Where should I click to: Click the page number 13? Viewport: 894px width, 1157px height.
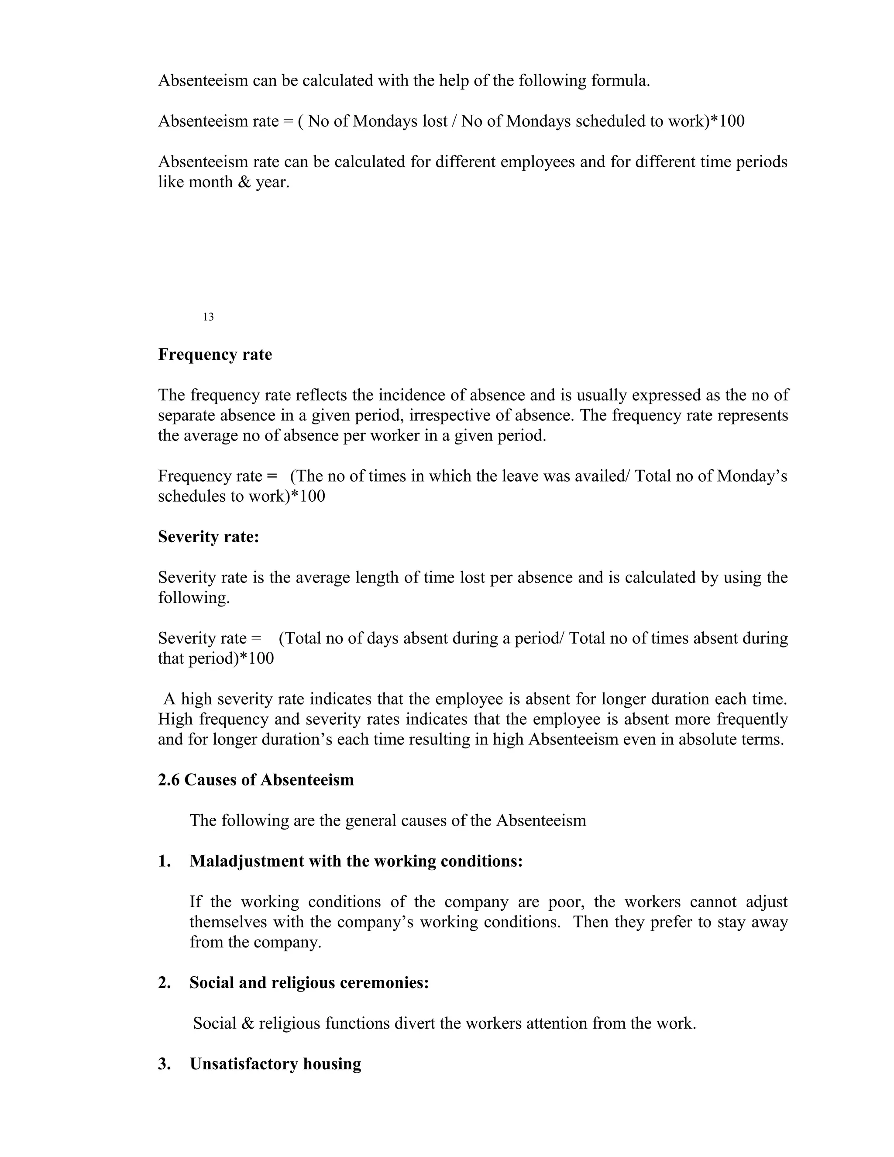[x=208, y=317]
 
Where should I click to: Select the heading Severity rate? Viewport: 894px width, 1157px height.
[x=208, y=537]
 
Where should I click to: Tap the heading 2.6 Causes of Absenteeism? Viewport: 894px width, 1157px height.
[x=256, y=780]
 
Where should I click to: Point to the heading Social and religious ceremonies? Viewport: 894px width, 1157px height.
[x=309, y=983]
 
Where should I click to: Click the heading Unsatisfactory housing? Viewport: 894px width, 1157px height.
[x=275, y=1064]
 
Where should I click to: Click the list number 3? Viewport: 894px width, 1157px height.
[x=164, y=1064]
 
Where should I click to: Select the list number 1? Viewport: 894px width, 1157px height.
[x=164, y=861]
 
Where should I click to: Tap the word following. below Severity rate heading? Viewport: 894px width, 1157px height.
[x=194, y=598]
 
